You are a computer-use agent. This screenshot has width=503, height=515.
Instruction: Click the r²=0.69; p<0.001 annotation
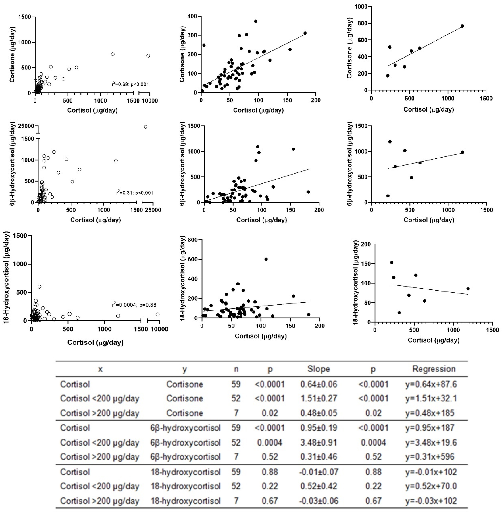130,84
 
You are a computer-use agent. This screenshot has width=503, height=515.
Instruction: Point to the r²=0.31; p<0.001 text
134,193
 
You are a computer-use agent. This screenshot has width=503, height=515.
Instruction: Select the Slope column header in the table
319,369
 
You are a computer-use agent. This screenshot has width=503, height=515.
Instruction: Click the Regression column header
434,369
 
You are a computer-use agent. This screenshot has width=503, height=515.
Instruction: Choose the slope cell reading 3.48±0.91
319,442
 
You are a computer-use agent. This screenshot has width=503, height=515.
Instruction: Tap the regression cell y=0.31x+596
430,456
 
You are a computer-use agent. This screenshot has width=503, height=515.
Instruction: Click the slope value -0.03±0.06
319,501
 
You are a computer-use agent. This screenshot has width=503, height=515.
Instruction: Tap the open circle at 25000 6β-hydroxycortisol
145,127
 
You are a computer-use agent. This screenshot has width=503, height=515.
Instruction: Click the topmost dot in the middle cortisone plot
255,21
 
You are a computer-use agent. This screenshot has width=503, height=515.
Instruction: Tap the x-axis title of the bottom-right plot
434,340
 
